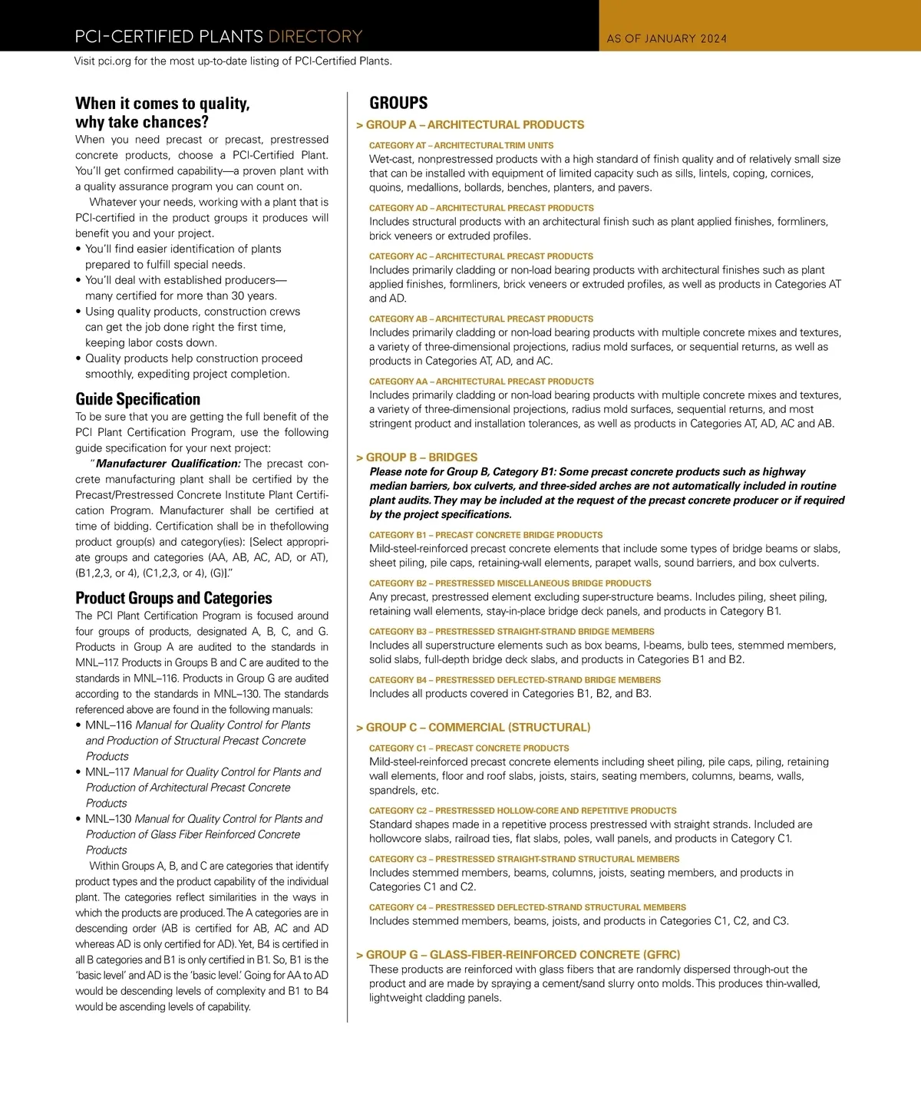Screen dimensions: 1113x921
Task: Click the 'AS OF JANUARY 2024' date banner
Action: [x=666, y=38]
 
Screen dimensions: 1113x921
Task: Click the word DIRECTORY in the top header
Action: [x=315, y=36]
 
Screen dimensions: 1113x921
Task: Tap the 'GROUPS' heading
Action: [x=398, y=103]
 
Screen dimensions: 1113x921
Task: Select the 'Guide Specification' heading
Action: [x=137, y=399]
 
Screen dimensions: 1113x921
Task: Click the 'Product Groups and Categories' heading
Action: [x=173, y=598]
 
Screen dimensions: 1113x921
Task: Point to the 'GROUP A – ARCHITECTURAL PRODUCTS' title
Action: [x=474, y=124]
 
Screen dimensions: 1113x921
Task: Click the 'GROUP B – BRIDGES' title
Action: [x=421, y=457]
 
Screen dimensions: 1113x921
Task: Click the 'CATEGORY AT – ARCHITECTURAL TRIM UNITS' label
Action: [x=460, y=145]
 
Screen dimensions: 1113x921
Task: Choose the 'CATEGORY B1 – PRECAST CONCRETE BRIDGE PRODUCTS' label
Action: [x=485, y=535]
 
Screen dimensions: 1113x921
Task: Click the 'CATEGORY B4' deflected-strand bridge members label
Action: [x=514, y=680]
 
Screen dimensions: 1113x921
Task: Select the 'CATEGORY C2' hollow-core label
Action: [x=522, y=811]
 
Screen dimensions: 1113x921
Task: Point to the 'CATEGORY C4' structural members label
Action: [x=527, y=907]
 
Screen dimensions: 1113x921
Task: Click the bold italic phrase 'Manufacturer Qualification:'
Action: [x=168, y=464]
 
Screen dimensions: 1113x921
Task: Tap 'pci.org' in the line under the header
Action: [x=114, y=61]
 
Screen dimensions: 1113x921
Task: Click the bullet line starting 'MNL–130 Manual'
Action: [x=203, y=819]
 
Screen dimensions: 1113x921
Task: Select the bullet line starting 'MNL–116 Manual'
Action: [x=197, y=725]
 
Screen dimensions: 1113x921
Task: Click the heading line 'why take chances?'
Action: [x=142, y=122]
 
